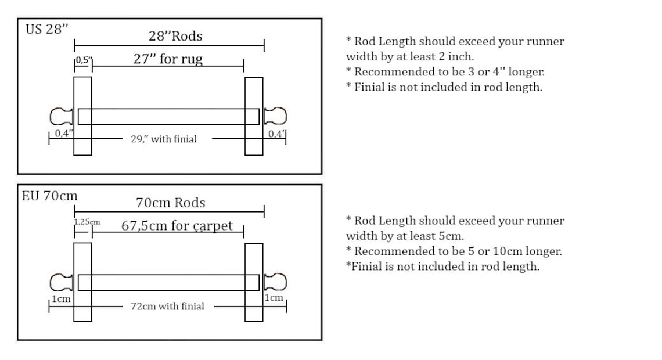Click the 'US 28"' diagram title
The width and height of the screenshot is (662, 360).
click(47, 29)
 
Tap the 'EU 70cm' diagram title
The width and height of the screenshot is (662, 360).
click(50, 196)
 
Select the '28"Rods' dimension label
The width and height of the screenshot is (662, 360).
click(175, 36)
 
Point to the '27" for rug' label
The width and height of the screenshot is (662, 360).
click(168, 59)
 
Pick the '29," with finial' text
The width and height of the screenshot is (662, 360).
click(164, 139)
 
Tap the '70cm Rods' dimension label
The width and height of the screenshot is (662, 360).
click(171, 203)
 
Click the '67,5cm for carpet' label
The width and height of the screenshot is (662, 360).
click(177, 226)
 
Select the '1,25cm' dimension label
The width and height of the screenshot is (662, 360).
click(87, 222)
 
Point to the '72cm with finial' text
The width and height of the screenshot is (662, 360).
click(167, 306)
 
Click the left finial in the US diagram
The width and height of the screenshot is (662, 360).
click(61, 117)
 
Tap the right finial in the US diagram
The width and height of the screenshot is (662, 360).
click(275, 116)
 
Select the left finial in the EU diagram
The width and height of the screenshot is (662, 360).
click(61, 282)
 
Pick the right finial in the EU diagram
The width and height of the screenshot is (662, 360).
click(275, 282)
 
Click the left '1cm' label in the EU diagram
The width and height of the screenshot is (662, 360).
click(61, 299)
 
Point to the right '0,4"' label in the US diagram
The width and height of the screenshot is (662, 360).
click(277, 134)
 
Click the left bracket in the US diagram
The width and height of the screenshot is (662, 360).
click(82, 116)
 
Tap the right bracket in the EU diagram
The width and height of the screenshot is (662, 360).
click(254, 282)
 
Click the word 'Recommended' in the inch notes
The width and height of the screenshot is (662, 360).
click(387, 72)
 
